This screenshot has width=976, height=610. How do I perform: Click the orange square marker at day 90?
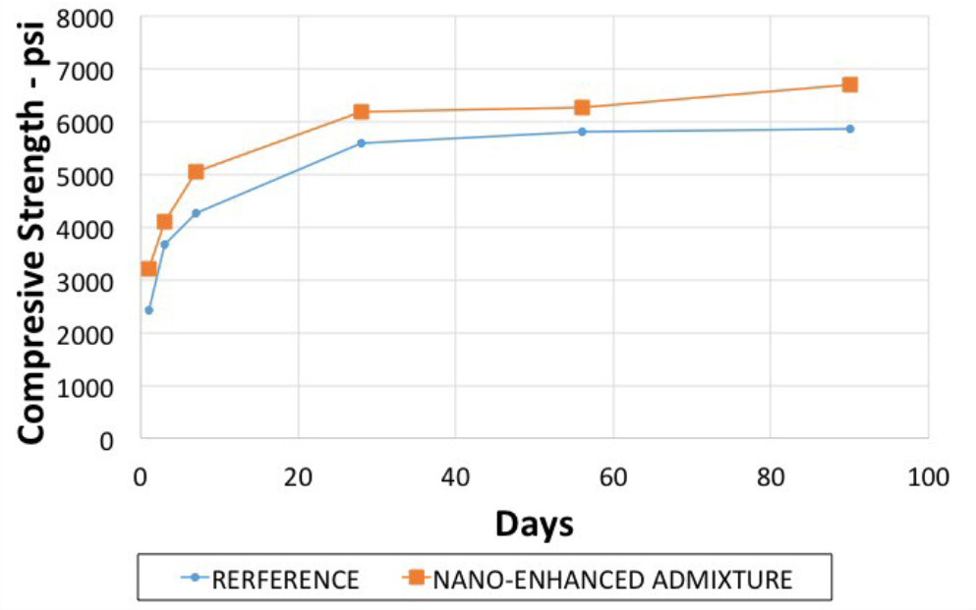pyautogui.click(x=849, y=84)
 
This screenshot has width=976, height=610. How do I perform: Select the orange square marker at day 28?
pyautogui.click(x=361, y=112)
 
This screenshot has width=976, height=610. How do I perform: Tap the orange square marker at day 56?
pyautogui.click(x=582, y=107)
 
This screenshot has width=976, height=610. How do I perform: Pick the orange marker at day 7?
pyautogui.click(x=196, y=172)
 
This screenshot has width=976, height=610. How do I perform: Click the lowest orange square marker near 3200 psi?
pyautogui.click(x=148, y=269)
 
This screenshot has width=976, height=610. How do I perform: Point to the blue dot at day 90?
pyautogui.click(x=849, y=129)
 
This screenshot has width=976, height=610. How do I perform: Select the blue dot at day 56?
pyautogui.click(x=582, y=132)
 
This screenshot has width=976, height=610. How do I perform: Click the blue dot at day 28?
pyautogui.click(x=361, y=143)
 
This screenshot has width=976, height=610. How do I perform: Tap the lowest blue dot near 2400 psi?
pyautogui.click(x=148, y=310)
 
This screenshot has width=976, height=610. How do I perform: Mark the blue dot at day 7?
pyautogui.click(x=196, y=213)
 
